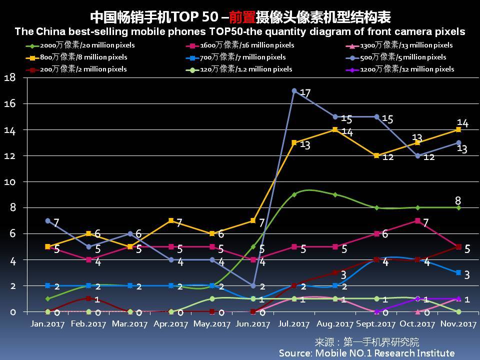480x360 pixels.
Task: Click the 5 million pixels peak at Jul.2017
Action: (x=294, y=91)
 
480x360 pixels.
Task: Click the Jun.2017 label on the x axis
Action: (x=253, y=324)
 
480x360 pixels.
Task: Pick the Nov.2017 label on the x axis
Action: (x=458, y=324)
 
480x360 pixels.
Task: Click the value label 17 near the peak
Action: (x=305, y=93)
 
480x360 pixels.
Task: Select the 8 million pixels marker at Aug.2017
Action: (x=335, y=129)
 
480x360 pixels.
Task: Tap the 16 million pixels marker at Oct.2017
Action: (x=417, y=220)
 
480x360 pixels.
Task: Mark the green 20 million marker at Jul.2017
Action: (x=294, y=194)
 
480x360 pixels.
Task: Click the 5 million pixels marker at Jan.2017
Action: (x=47, y=220)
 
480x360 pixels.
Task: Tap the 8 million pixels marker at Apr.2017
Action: (x=171, y=220)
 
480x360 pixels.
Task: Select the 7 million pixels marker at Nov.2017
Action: (x=458, y=272)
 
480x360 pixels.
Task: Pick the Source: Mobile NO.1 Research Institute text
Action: (x=366, y=353)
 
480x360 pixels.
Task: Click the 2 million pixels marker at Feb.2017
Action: (x=88, y=298)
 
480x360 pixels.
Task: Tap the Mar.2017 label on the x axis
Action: (x=130, y=324)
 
